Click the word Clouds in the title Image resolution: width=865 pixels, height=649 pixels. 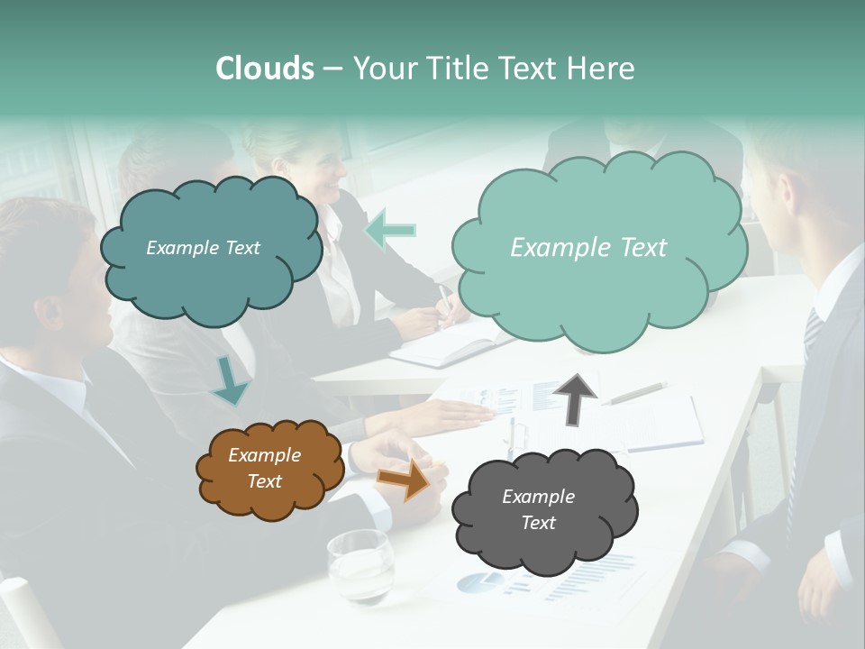tap(265, 69)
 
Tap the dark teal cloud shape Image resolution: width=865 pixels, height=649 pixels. tap(210, 248)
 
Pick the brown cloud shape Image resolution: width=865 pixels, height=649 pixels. tap(269, 468)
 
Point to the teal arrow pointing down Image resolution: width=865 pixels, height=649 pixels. tap(230, 380)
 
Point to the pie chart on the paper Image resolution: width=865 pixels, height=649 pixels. tap(479, 582)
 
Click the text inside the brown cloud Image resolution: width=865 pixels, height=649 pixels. tap(264, 468)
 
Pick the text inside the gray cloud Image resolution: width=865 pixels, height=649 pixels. tap(538, 509)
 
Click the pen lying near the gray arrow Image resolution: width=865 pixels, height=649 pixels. tap(638, 393)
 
